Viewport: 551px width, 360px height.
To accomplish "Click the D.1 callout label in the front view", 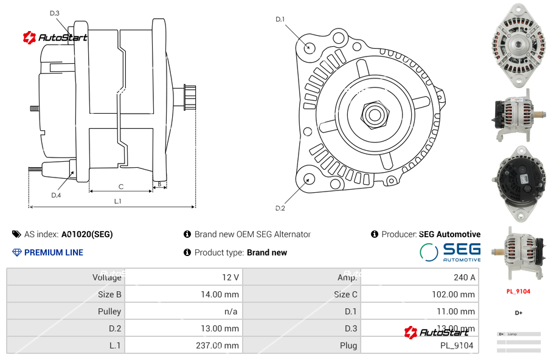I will (x=280, y=19).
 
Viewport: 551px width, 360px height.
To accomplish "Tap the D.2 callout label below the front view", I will (x=280, y=208).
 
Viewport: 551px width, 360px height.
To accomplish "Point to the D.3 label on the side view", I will (x=55, y=13).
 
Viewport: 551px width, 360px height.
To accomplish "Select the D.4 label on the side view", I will (x=56, y=195).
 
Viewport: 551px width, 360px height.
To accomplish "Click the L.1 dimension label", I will (x=118, y=201).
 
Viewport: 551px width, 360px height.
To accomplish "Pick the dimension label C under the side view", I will (x=121, y=187).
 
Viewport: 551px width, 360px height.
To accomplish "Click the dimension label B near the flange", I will (x=160, y=183).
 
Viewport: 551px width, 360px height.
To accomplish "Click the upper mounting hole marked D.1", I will (x=308, y=47).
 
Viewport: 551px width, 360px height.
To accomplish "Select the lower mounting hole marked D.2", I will (x=308, y=179).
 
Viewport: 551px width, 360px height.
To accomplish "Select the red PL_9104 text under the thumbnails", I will (x=518, y=291).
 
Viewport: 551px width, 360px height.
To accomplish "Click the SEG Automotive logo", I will (x=450, y=252).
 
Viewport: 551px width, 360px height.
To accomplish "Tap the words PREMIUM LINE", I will (x=54, y=252).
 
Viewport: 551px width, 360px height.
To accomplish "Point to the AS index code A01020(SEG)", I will (x=87, y=234).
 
